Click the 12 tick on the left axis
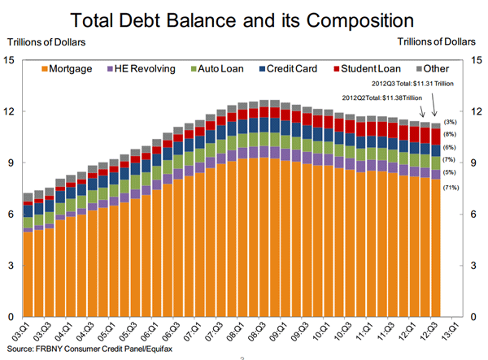pos(10,111)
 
